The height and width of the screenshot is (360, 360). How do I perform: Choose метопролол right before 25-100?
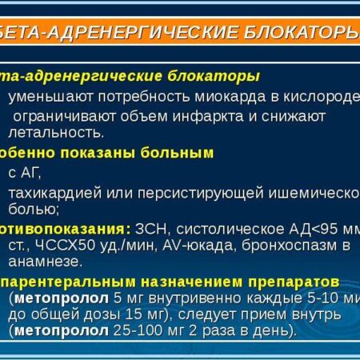tap(77, 329)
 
